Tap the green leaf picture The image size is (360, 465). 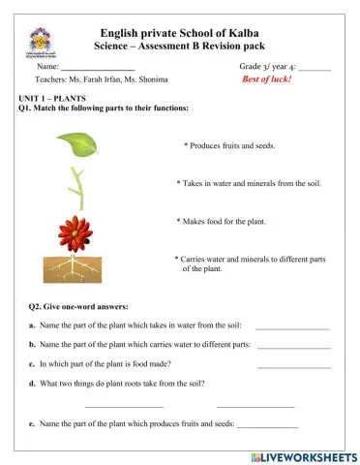click(76, 143)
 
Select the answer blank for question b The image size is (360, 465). click(292, 347)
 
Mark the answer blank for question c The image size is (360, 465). click(293, 365)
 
